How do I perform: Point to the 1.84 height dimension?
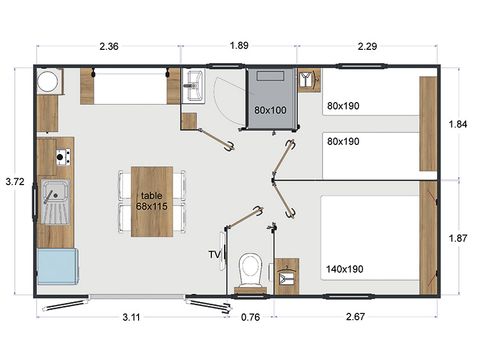459,124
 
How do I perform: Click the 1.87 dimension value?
459,238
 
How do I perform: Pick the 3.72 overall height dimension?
14,181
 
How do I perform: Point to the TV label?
213,256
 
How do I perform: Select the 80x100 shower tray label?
270,110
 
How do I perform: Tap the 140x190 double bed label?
345,269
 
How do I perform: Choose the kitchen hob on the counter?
62,156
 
